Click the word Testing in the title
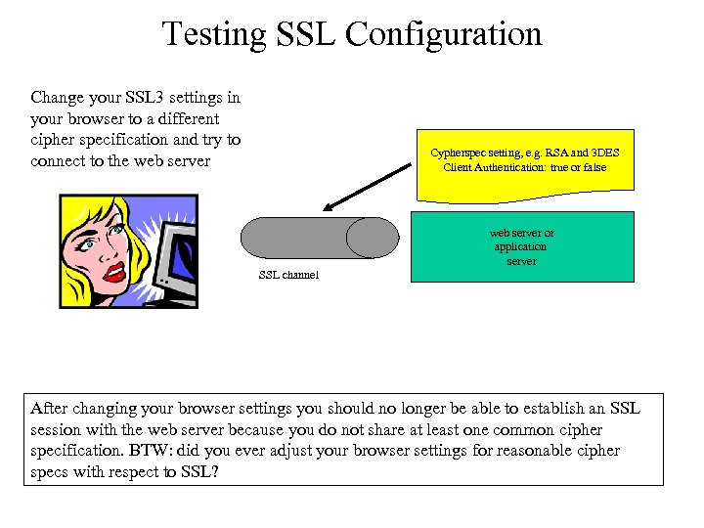214,34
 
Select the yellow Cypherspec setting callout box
525,161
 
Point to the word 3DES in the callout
601,154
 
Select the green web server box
522,247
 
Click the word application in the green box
521,247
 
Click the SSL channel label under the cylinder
288,276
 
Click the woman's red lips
116,268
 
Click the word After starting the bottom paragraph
50,409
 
